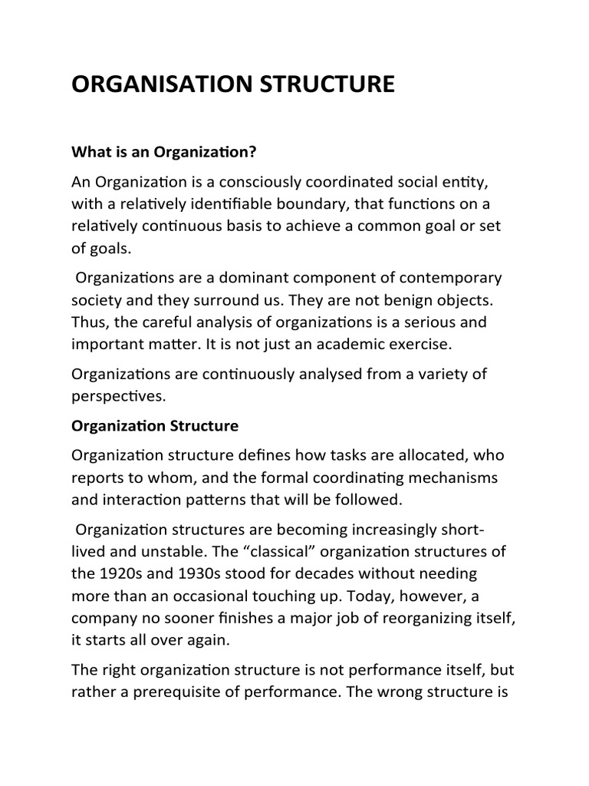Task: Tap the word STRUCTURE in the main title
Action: pyautogui.click(x=332, y=84)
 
